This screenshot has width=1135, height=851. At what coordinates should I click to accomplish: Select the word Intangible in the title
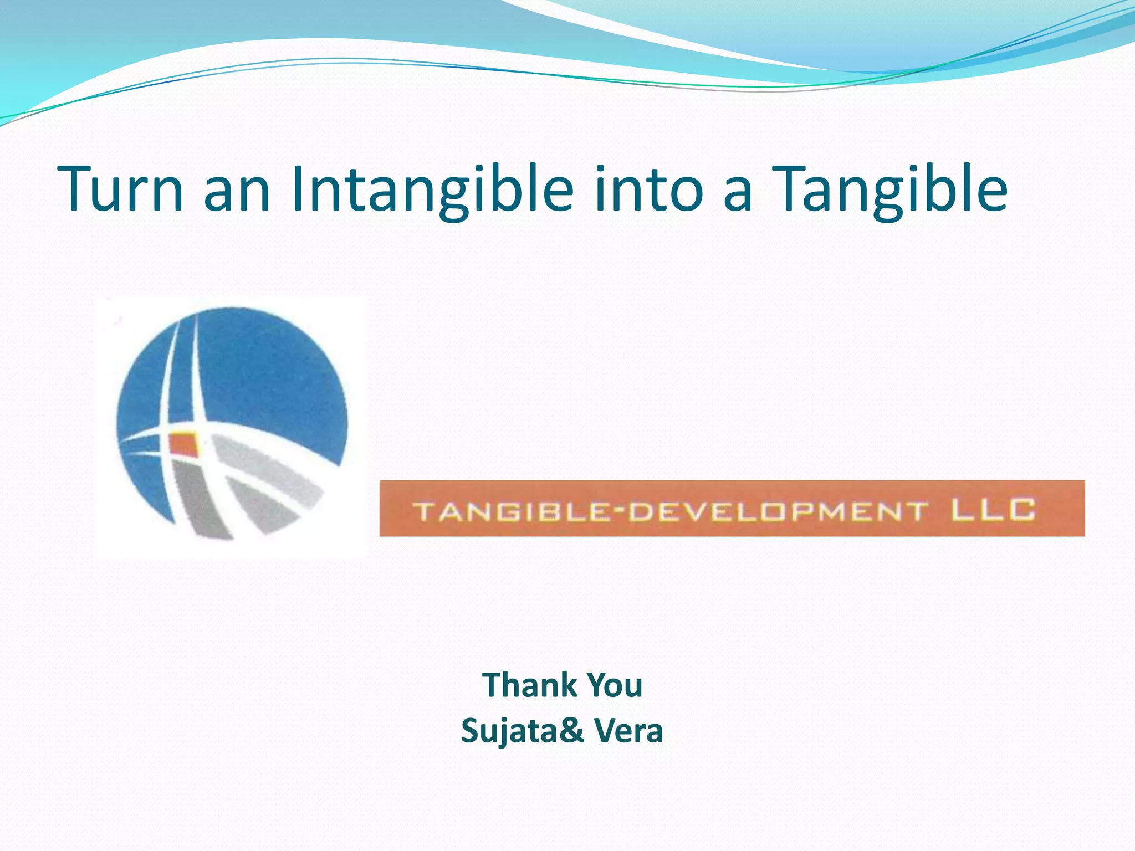(x=432, y=189)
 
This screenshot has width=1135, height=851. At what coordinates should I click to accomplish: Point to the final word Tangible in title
(x=889, y=189)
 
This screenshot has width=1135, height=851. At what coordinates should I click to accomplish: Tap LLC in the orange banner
(x=993, y=510)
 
